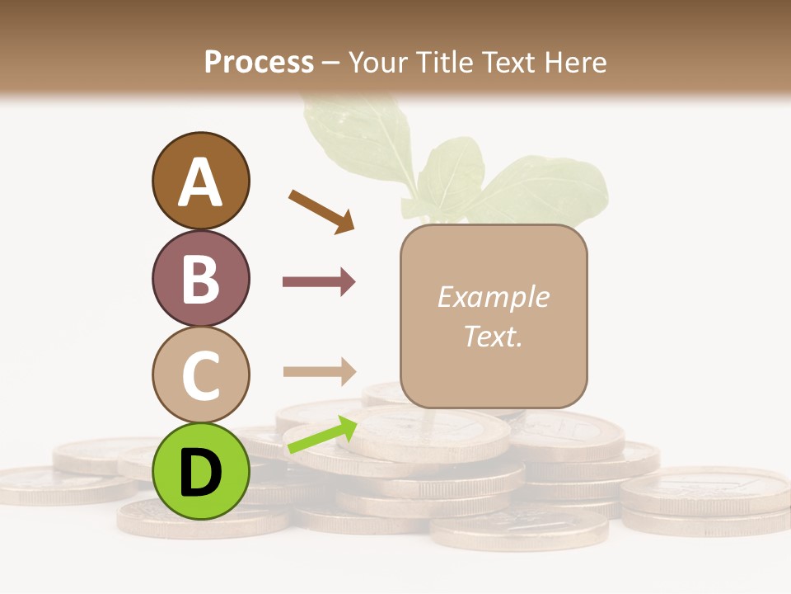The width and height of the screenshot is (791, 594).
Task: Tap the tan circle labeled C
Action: [200, 374]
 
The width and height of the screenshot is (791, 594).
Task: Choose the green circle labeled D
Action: [200, 471]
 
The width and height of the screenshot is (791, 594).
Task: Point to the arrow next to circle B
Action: [319, 282]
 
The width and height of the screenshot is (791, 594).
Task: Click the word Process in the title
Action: [259, 62]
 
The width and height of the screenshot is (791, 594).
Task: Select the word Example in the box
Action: [493, 297]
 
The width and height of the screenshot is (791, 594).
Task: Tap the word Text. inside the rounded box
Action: [493, 336]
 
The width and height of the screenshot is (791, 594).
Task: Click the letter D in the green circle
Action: [200, 473]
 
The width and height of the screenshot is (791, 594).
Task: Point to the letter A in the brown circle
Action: [200, 182]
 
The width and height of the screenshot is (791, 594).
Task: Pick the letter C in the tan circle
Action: [200, 375]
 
